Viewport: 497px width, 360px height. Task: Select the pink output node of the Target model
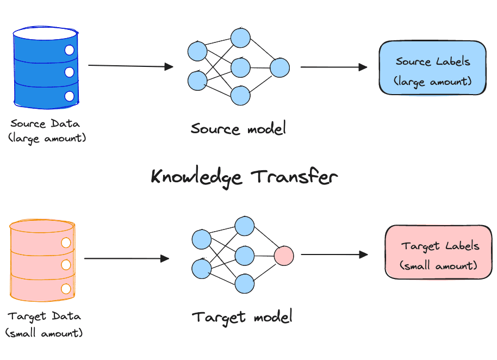pyautogui.click(x=283, y=255)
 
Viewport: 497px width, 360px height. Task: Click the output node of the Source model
pyautogui.click(x=279, y=68)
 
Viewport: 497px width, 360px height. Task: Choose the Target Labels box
pyautogui.click(x=438, y=253)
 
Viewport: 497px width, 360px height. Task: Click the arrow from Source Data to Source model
pyautogui.click(x=131, y=66)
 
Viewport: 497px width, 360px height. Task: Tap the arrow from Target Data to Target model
pyautogui.click(x=127, y=258)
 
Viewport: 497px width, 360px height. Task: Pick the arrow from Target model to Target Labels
pyautogui.click(x=334, y=254)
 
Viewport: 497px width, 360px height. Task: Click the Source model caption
pyautogui.click(x=238, y=129)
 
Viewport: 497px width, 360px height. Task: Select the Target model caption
pyautogui.click(x=242, y=316)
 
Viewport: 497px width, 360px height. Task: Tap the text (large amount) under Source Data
pyautogui.click(x=47, y=138)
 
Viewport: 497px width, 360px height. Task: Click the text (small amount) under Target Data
pyautogui.click(x=44, y=332)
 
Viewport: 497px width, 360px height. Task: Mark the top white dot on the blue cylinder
pyautogui.click(x=69, y=51)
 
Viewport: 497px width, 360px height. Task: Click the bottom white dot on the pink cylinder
pyautogui.click(x=66, y=289)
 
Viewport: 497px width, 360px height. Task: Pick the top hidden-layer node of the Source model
pyautogui.click(x=240, y=38)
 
